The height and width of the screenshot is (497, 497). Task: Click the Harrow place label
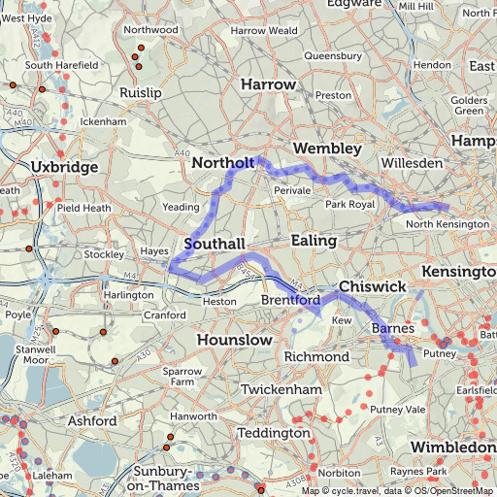268,85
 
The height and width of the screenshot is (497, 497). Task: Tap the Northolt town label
223,162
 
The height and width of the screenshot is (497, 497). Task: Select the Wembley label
319,148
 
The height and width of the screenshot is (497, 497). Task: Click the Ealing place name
314,240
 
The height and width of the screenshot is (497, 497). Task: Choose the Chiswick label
372,288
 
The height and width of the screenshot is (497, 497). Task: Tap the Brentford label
290,301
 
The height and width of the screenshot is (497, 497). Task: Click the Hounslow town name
234,341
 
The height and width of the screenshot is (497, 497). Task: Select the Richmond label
316,357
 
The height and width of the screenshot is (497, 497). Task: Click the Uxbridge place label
65,168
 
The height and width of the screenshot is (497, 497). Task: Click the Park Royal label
349,205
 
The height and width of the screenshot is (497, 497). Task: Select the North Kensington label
447,224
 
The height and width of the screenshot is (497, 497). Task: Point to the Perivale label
291,191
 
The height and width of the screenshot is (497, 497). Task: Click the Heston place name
218,302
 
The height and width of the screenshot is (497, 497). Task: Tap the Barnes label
393,330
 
